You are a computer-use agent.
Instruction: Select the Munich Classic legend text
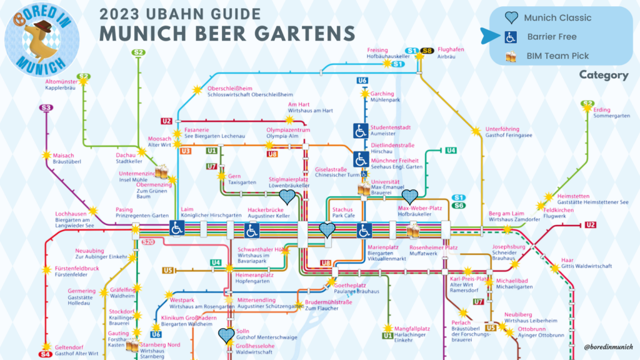click(557, 17)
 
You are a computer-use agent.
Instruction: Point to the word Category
click(603, 75)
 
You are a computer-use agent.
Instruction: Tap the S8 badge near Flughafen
click(427, 51)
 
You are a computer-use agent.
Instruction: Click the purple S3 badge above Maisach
click(46, 107)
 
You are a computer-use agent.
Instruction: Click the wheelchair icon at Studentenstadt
click(361, 131)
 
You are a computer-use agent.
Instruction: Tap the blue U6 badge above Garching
click(362, 81)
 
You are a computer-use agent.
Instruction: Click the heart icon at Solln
click(227, 336)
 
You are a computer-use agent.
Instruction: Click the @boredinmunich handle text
click(607, 346)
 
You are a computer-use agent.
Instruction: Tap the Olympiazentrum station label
click(285, 129)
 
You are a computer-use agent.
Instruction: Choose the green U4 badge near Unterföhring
click(451, 150)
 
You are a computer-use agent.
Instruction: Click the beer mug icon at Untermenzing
click(162, 169)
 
